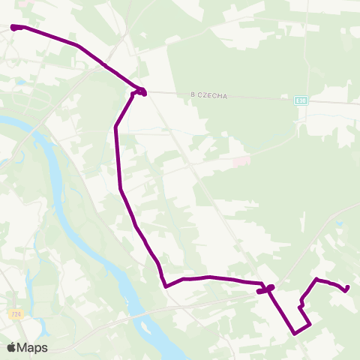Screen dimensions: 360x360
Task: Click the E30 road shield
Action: point(300,100)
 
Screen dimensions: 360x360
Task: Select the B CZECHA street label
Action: point(208,95)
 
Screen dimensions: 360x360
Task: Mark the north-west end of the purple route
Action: point(13,28)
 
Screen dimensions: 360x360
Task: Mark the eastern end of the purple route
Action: point(347,287)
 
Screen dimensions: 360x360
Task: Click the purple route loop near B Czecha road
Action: point(139,92)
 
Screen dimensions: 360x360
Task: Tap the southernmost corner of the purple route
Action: point(295,332)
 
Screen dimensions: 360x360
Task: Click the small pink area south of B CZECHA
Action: point(241,161)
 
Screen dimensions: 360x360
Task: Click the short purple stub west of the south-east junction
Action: point(261,291)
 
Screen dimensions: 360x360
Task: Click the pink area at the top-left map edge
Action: point(27,3)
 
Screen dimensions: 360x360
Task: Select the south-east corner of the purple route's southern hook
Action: point(310,324)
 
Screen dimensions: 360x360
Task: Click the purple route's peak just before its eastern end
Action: point(316,280)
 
